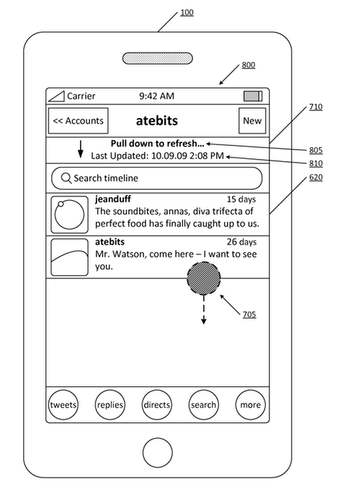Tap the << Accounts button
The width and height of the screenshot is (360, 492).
pos(78,121)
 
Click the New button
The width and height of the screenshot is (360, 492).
pos(252,121)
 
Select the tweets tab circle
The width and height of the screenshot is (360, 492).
pos(63,405)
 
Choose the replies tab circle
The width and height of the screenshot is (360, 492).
pos(110,405)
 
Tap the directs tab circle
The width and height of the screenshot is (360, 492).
pos(157,405)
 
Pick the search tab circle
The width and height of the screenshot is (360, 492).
pos(204,405)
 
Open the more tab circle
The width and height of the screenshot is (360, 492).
pos(251,405)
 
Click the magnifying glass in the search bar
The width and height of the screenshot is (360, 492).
pos(66,178)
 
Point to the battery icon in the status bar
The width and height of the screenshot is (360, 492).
pos(253,96)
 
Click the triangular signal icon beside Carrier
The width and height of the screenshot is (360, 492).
pos(57,96)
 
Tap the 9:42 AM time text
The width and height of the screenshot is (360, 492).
pos(157,96)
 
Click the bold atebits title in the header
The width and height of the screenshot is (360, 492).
pos(157,121)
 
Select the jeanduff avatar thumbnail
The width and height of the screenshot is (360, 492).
pos(69,214)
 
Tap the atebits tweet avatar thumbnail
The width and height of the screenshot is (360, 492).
pos(69,258)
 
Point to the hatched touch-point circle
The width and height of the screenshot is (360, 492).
pos(204,278)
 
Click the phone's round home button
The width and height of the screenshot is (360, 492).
pos(158,452)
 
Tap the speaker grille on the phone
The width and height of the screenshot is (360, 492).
pos(158,58)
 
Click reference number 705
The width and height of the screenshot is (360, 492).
pos(249,314)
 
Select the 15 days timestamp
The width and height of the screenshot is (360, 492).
pos(241,199)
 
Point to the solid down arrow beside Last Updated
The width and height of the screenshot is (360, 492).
pos(81,149)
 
